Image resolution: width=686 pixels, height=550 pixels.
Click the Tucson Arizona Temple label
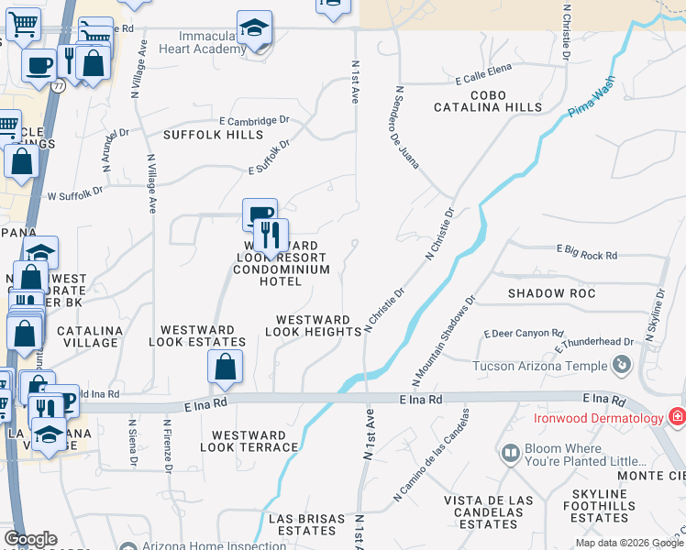[x=539, y=366]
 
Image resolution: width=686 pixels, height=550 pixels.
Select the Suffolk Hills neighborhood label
[x=213, y=135]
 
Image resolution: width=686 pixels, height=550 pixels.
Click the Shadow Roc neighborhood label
[x=552, y=293]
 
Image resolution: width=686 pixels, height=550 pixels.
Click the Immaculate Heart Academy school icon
[x=254, y=28]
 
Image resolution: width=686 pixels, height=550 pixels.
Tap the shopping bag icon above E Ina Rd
[x=225, y=368]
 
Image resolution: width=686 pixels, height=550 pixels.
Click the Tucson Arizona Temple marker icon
[x=621, y=366]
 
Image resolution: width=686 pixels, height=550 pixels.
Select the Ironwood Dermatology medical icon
[x=677, y=418]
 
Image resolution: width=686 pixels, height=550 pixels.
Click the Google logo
[x=30, y=539]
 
